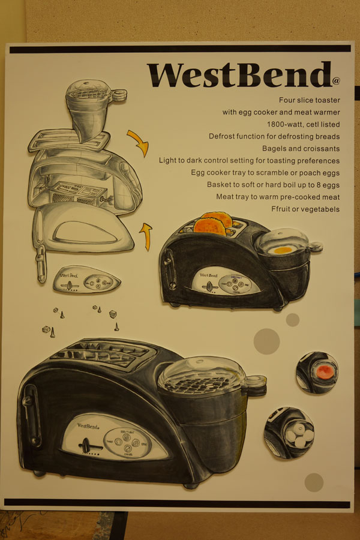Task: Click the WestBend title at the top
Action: coord(239,75)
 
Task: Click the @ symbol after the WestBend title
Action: coord(336,81)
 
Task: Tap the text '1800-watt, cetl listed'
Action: coord(303,124)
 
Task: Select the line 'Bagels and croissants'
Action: coord(301,148)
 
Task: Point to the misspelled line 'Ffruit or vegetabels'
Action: coord(305,209)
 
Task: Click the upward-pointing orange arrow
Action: coord(146,236)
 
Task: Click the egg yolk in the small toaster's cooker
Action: coord(282,250)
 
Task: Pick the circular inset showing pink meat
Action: coord(317,372)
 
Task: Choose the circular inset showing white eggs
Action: coord(289,433)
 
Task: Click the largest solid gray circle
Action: coord(266,341)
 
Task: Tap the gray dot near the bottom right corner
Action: coord(314,482)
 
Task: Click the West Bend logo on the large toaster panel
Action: coord(88,427)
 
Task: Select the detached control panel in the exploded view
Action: coord(87,280)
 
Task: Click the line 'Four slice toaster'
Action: coord(310,100)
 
